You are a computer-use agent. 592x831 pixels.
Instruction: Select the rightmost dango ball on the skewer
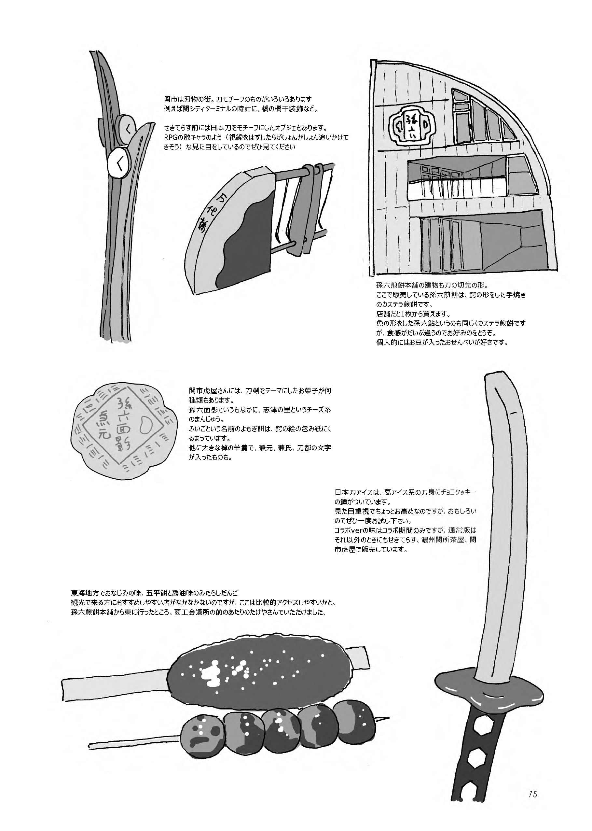(x=353, y=720)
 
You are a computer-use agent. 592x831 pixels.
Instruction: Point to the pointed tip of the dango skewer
(x=386, y=718)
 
